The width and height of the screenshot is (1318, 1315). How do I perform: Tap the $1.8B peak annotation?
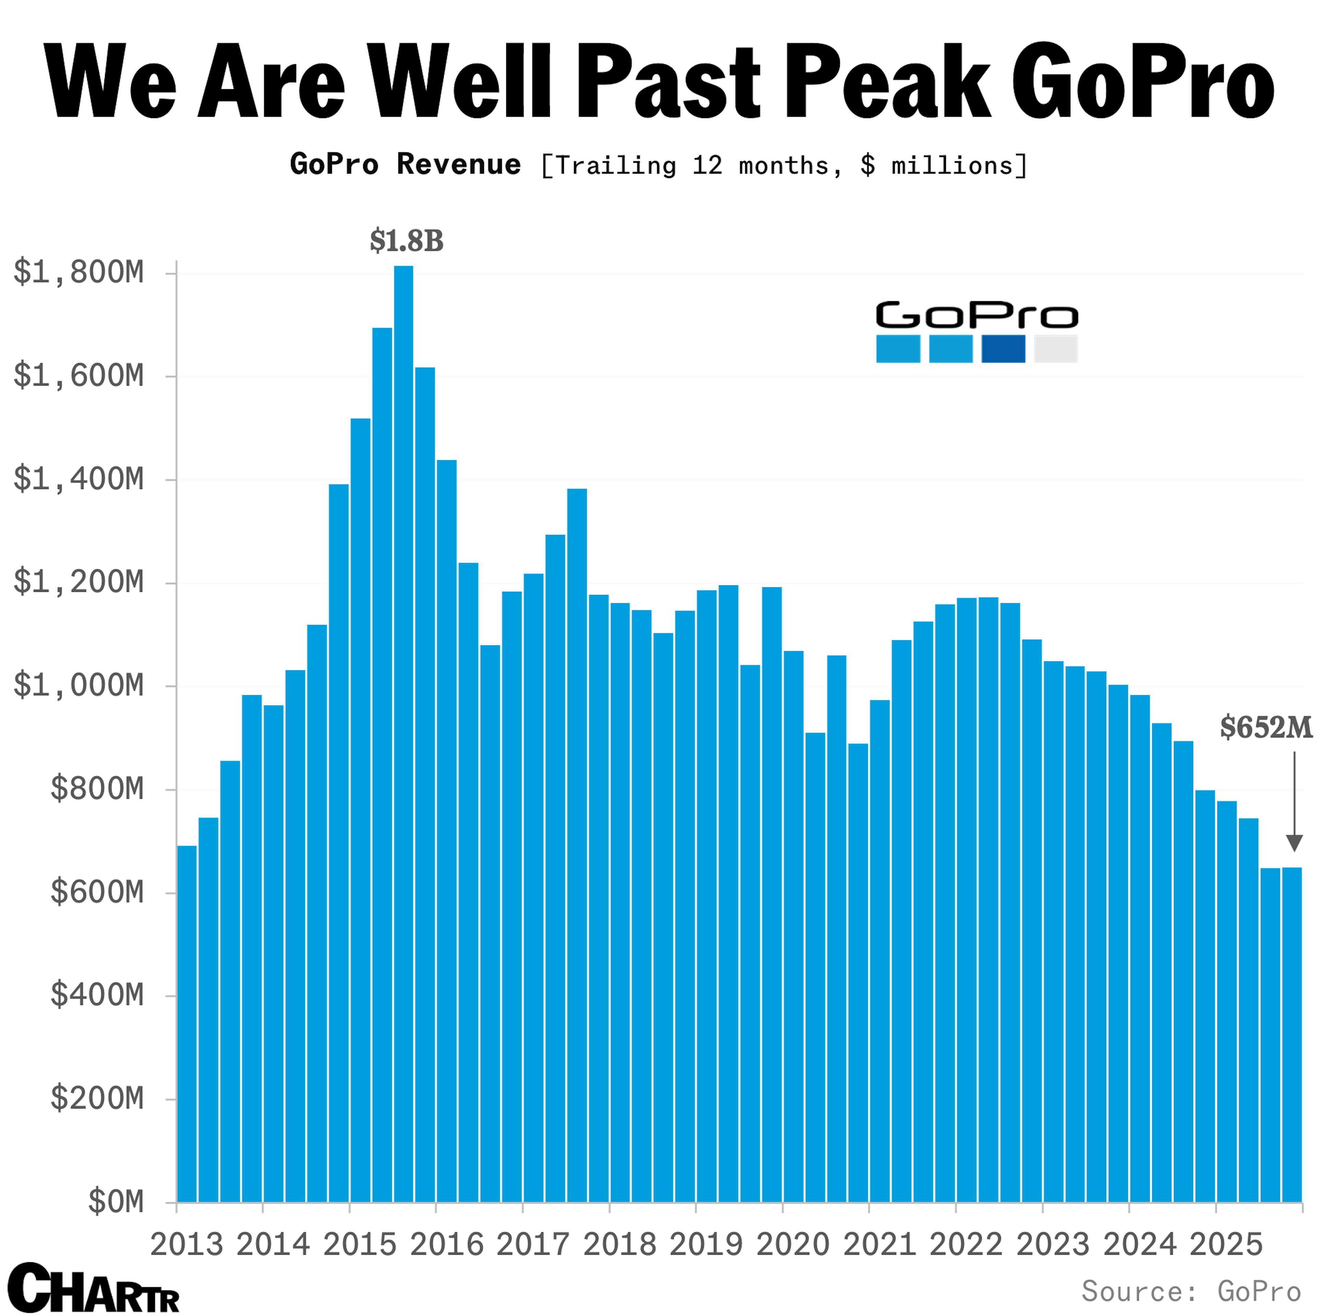pos(407,241)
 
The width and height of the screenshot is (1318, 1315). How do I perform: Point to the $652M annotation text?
pos(1265,728)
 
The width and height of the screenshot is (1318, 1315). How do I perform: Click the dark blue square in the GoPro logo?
pos(1003,349)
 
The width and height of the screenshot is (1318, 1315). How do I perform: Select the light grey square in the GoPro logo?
pos(1055,349)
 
